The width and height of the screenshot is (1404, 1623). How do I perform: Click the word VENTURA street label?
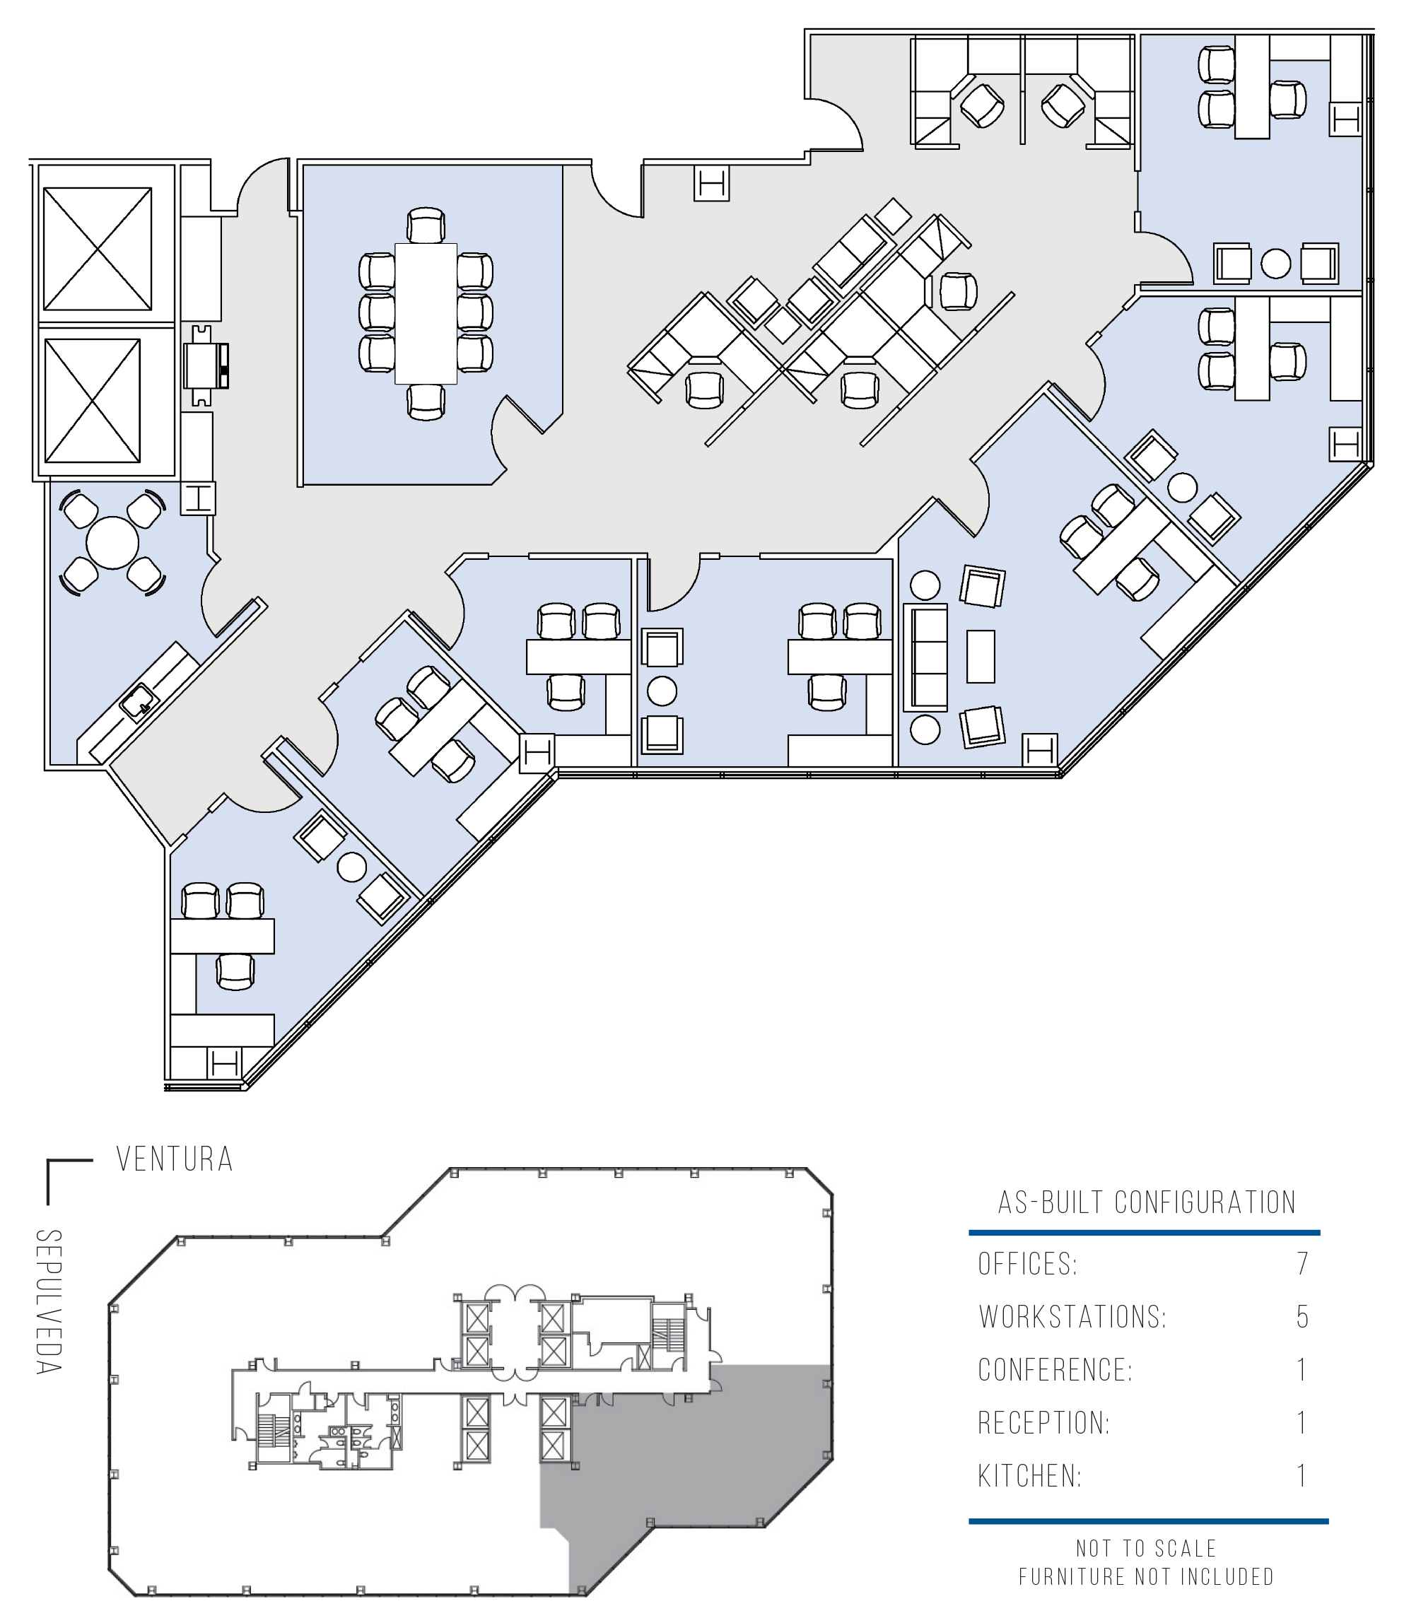tap(175, 1159)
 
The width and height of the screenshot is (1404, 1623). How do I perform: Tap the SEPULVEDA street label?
tap(49, 1301)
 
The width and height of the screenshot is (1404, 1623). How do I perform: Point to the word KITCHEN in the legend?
tap(1029, 1477)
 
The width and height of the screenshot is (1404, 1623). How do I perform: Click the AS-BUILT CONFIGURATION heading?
tap(1147, 1202)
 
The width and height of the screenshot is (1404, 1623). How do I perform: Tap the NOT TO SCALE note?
tap(1146, 1549)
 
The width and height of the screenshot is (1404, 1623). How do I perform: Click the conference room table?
tap(426, 313)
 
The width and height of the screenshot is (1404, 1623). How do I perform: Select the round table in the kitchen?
tap(113, 542)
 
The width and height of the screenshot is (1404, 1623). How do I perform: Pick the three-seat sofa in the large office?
tap(925, 657)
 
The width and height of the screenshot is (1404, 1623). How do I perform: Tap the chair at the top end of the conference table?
tap(426, 225)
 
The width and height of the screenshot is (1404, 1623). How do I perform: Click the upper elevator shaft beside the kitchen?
tap(97, 248)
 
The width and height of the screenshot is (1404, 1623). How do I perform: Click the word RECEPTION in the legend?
tap(1043, 1423)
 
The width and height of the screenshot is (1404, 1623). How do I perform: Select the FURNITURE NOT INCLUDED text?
tap(1146, 1577)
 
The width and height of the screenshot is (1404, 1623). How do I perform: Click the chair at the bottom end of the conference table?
tap(426, 402)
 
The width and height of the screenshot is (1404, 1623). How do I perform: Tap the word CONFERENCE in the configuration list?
tap(1055, 1370)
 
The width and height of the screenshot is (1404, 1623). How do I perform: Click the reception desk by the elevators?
tap(205, 365)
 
